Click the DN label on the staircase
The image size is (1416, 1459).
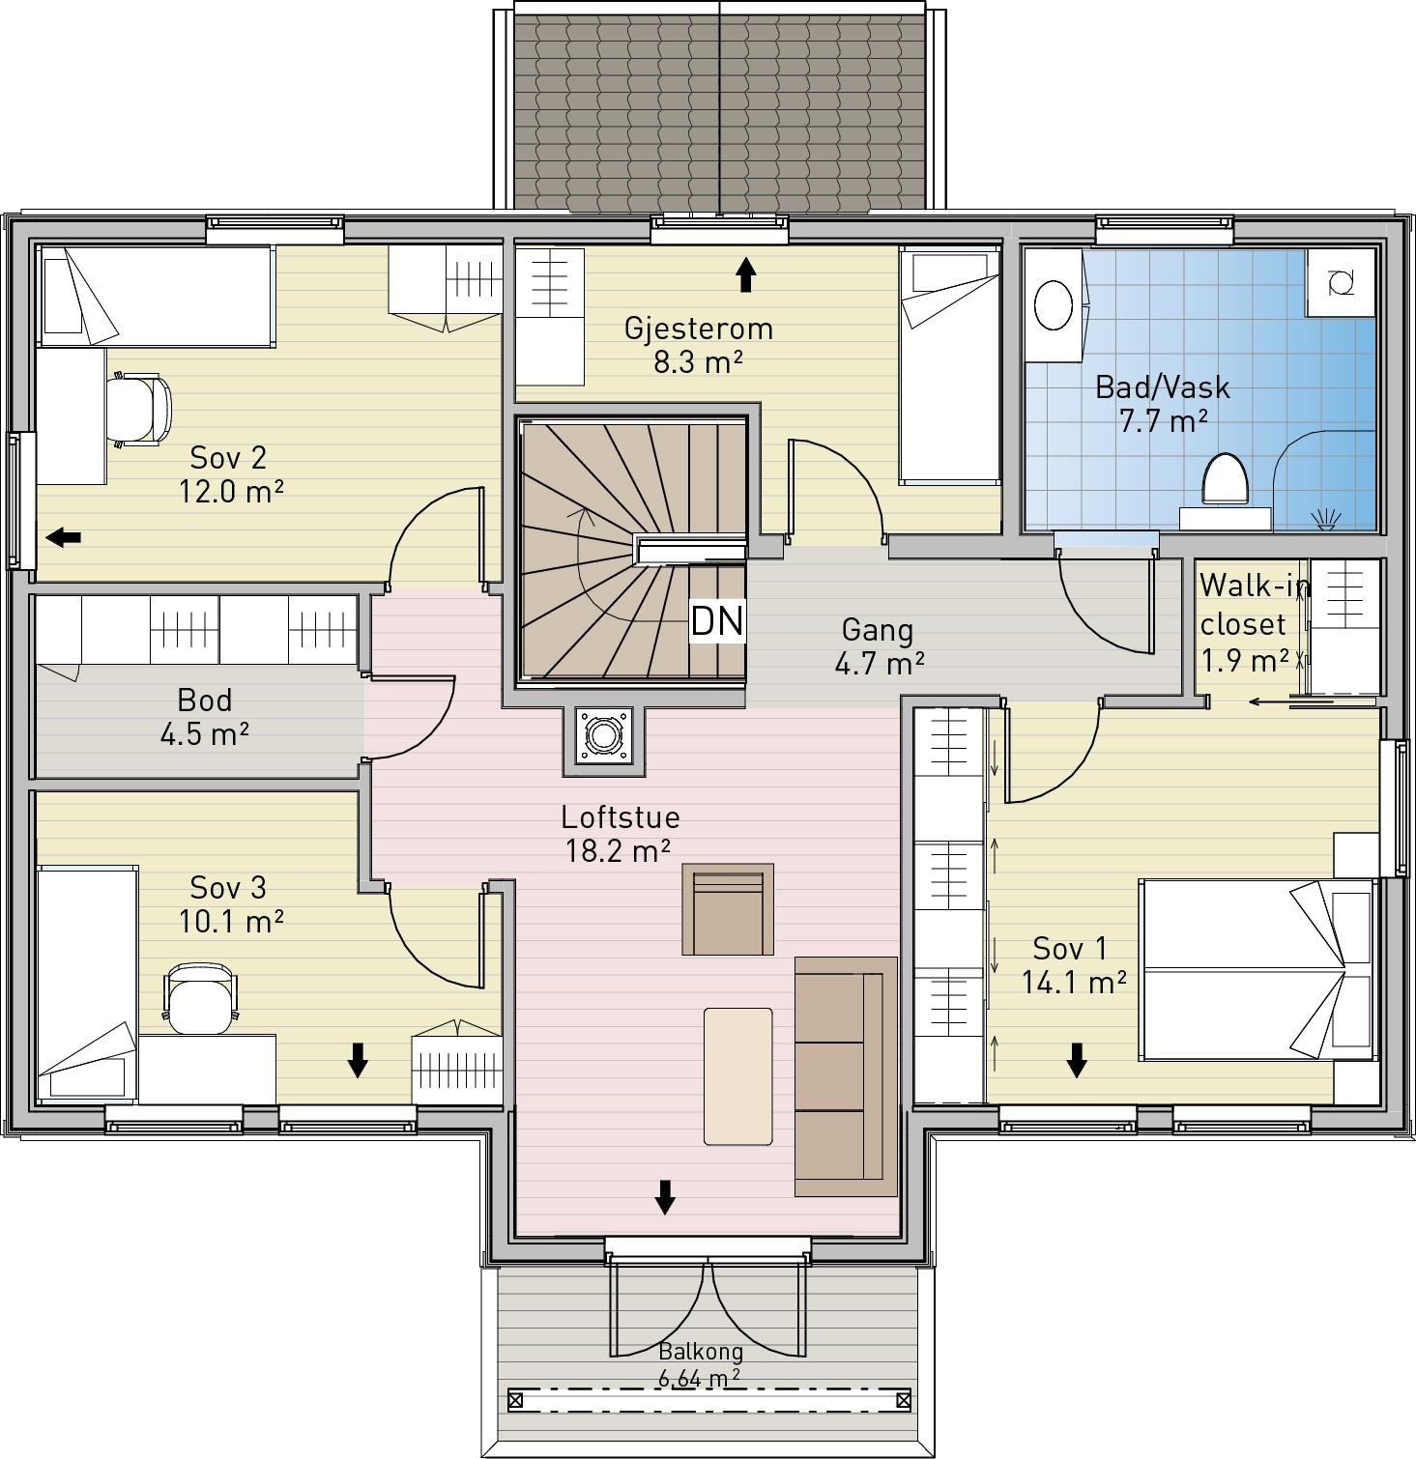(x=717, y=621)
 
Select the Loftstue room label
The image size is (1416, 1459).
(x=621, y=817)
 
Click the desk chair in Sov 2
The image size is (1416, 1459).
(x=140, y=411)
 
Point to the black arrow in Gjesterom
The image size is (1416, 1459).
(x=745, y=274)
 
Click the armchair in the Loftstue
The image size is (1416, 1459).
(x=728, y=909)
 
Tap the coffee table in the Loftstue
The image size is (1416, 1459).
(x=738, y=1076)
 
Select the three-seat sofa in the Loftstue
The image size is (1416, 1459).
(x=846, y=1076)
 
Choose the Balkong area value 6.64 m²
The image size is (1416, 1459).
(x=700, y=1378)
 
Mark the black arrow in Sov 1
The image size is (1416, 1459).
(x=1077, y=1061)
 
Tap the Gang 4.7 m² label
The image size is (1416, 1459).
(x=878, y=645)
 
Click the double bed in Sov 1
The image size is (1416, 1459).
(x=1257, y=969)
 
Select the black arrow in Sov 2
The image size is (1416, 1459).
(x=64, y=537)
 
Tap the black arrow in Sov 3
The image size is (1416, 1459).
(x=358, y=1060)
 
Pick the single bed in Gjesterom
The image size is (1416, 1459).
(x=949, y=365)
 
